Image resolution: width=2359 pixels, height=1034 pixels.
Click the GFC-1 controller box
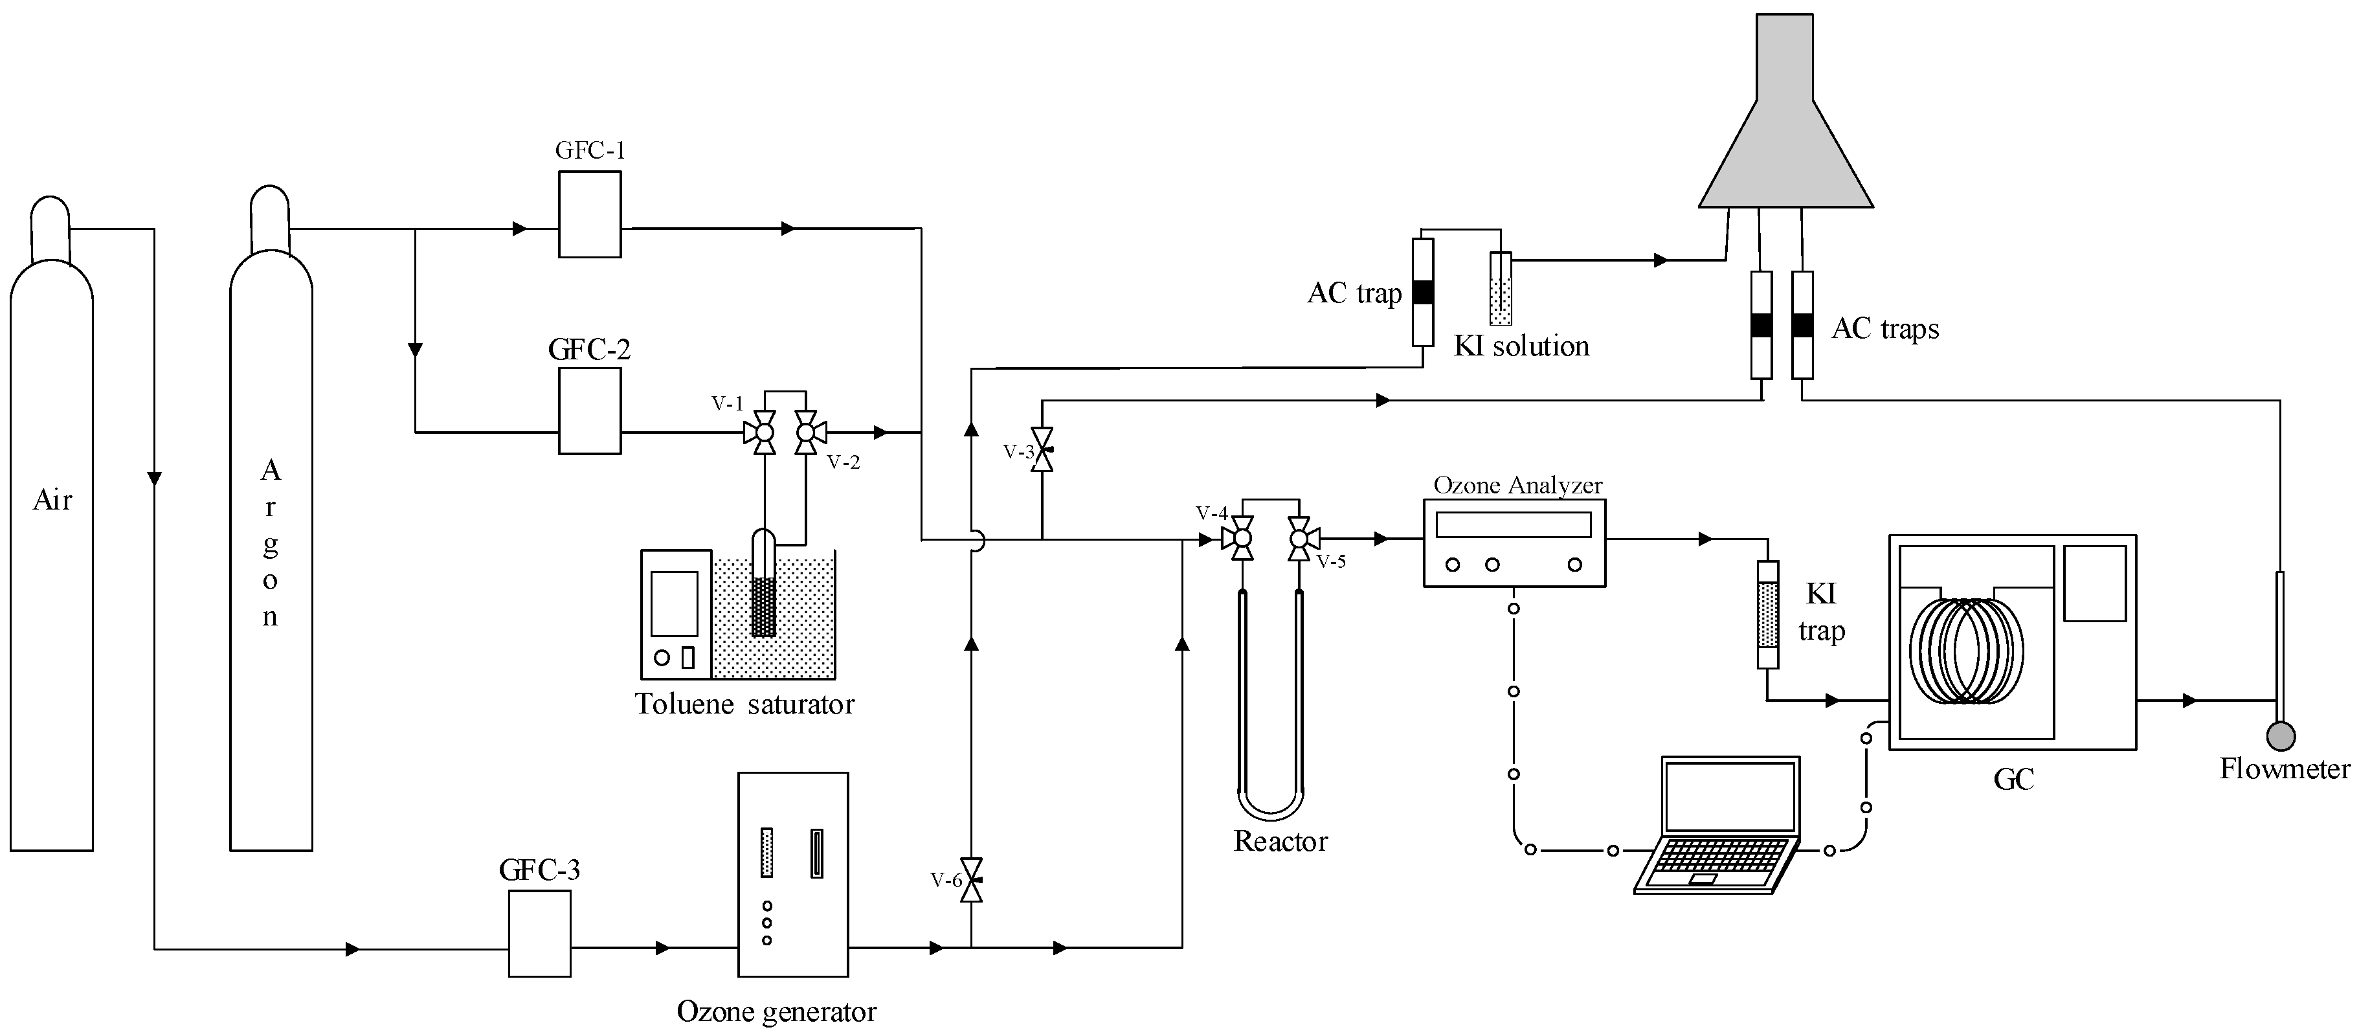coord(590,214)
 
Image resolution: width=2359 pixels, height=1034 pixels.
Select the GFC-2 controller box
coord(590,411)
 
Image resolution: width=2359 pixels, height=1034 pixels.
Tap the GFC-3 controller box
coord(539,933)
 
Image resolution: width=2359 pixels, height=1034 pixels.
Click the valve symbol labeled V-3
coord(1042,450)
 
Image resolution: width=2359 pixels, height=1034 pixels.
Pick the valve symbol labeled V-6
coord(972,880)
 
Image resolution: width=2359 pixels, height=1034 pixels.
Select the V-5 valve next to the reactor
coord(1299,539)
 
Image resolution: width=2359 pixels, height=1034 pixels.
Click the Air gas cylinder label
coord(52,500)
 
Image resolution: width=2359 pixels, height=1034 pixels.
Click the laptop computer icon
coord(1719,824)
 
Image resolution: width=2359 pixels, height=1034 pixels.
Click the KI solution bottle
coord(1500,289)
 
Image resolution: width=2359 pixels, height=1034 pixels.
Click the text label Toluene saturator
coord(744,704)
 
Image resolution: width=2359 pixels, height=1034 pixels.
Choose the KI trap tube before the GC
coord(1769,614)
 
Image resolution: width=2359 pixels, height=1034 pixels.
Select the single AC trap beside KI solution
coord(1422,292)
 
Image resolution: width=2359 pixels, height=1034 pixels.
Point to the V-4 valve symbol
coord(1242,539)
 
